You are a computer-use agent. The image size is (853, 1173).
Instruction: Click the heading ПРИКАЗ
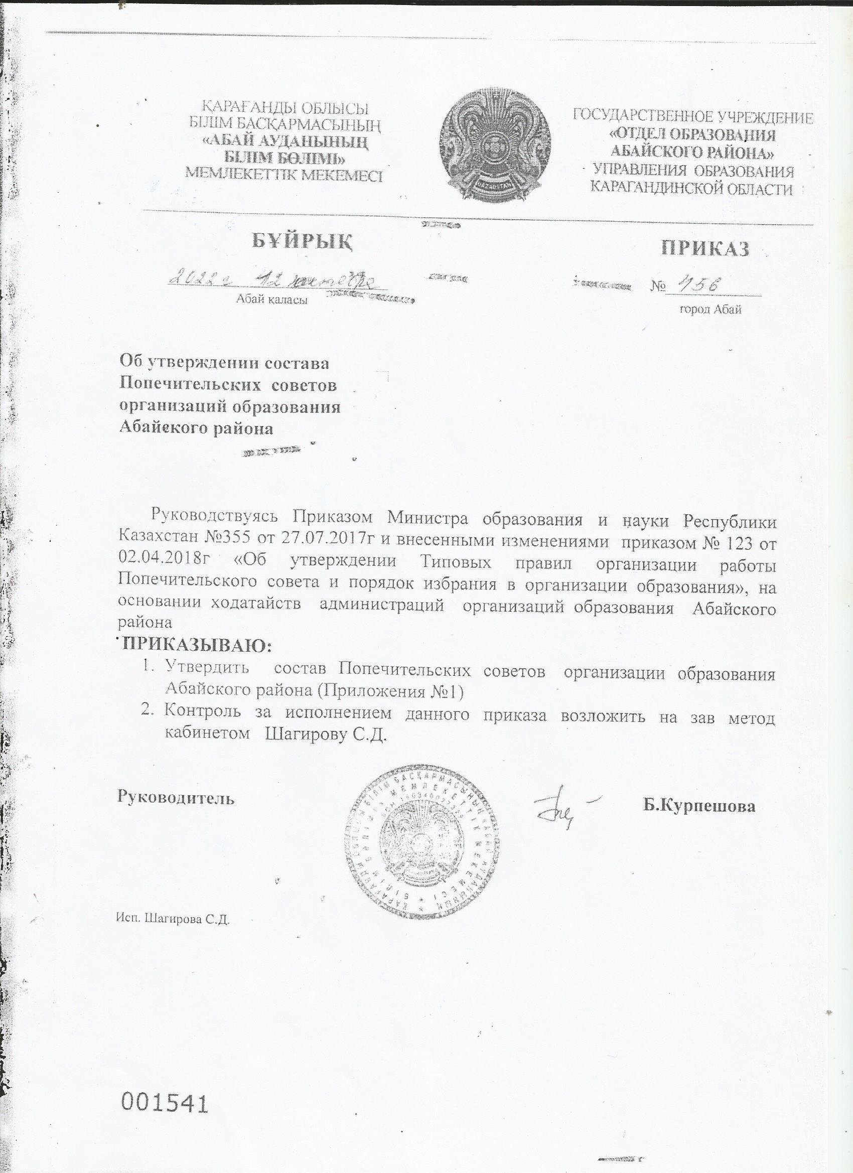(x=705, y=249)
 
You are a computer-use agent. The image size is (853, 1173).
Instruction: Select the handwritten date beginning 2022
(x=277, y=280)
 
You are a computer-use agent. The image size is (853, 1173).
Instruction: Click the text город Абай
(x=710, y=310)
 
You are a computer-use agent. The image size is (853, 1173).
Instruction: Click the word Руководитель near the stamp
(x=176, y=797)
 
